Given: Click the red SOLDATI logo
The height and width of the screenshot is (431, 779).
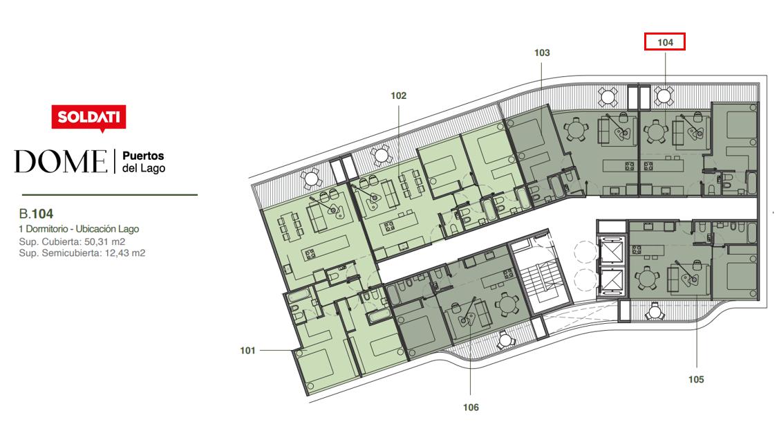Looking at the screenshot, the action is click(x=88, y=118).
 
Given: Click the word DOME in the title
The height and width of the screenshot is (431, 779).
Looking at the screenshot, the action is click(x=61, y=162).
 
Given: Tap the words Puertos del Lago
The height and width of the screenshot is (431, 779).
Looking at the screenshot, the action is click(x=144, y=162).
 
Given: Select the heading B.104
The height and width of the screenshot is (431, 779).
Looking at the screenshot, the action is click(x=36, y=214).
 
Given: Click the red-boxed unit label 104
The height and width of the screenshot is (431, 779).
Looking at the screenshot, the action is click(x=665, y=42).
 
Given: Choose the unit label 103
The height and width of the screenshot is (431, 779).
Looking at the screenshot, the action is click(x=542, y=53).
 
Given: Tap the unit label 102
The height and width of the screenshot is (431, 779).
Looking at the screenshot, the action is click(x=398, y=95).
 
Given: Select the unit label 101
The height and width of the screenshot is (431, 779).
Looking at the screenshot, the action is click(x=247, y=351).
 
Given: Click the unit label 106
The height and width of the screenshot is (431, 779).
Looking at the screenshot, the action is click(x=471, y=407).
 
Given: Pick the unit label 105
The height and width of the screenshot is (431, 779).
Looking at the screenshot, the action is click(x=696, y=379).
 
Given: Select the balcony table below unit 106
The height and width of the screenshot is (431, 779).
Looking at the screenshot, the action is click(x=505, y=340).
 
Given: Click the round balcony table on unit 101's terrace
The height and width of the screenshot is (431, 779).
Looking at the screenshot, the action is click(x=310, y=178).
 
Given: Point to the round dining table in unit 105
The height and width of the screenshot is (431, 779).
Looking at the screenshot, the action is click(x=648, y=278).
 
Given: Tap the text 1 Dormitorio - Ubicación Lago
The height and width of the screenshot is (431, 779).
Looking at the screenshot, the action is click(x=79, y=229).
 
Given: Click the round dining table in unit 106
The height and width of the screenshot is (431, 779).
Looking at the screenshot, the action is click(x=507, y=304).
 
